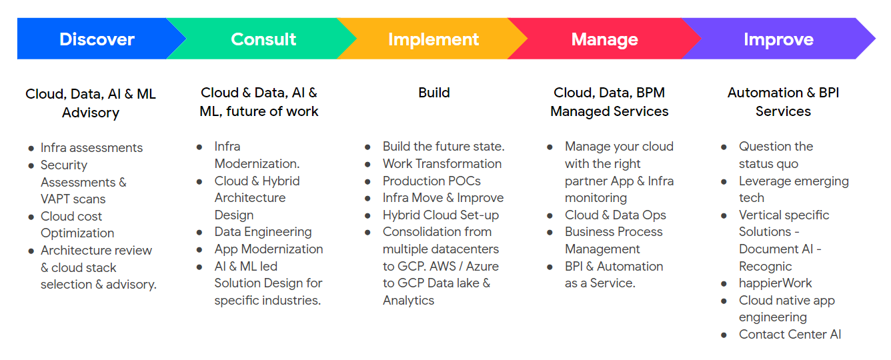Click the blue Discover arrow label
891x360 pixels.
click(x=97, y=39)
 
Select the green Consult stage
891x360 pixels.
click(x=263, y=39)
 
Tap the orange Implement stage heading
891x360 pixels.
click(x=433, y=39)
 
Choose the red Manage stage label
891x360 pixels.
click(x=604, y=39)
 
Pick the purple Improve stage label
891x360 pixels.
click(x=778, y=39)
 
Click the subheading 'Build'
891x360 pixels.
click(x=434, y=93)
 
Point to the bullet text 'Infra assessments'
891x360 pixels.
click(x=91, y=148)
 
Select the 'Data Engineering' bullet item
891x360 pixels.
click(x=263, y=232)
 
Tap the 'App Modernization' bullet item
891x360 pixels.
click(x=268, y=249)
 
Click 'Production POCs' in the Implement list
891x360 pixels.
click(x=431, y=181)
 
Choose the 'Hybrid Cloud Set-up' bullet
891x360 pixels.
click(x=440, y=215)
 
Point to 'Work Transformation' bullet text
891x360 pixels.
click(x=441, y=164)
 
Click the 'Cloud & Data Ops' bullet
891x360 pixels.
click(x=615, y=215)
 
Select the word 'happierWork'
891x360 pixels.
click(x=775, y=283)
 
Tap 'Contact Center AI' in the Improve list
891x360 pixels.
click(x=790, y=335)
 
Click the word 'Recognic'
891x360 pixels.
click(x=765, y=266)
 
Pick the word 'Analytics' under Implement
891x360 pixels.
click(x=408, y=301)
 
